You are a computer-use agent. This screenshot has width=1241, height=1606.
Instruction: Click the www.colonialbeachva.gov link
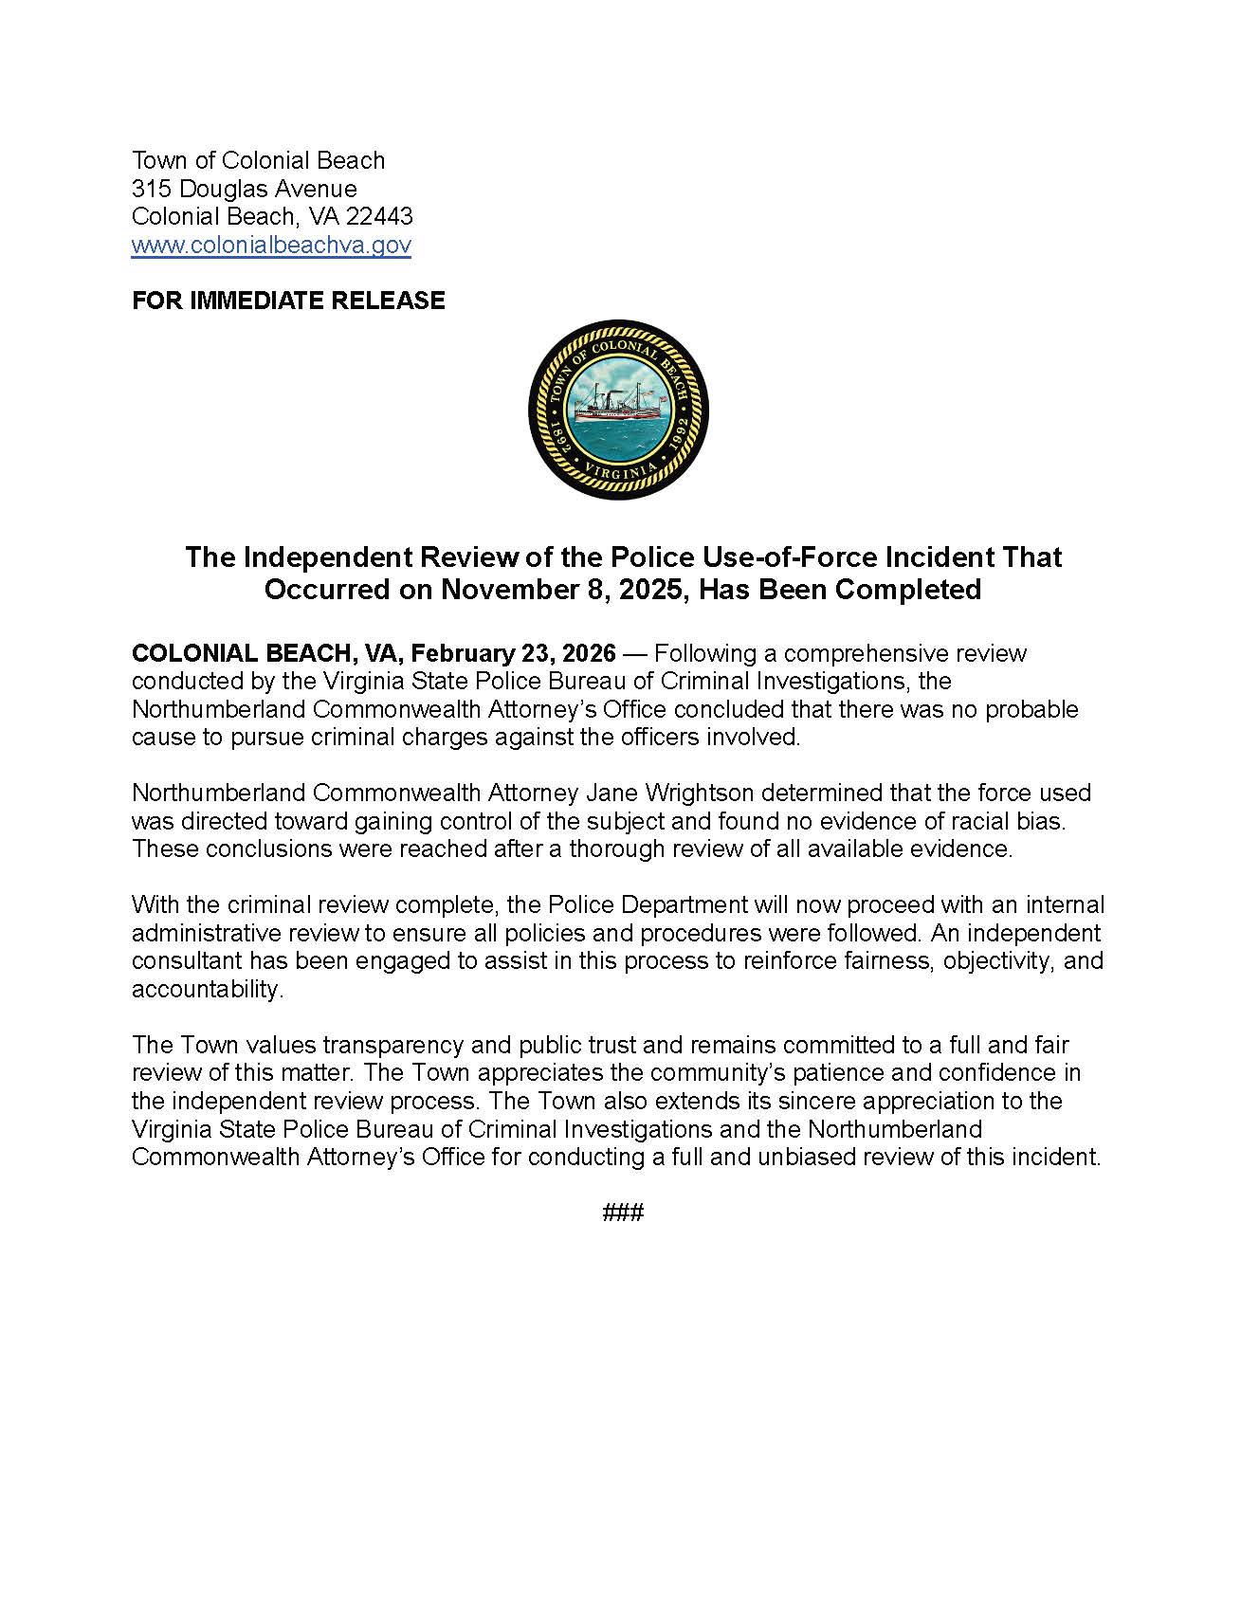(x=271, y=246)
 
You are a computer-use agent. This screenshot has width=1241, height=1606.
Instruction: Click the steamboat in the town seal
(x=619, y=404)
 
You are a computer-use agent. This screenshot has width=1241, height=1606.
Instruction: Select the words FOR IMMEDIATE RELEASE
(x=288, y=301)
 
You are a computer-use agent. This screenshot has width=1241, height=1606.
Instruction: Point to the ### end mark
(x=623, y=1213)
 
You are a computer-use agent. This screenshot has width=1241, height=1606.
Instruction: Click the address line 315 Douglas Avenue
(x=245, y=189)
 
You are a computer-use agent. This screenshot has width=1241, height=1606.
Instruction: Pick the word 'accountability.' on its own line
(x=208, y=990)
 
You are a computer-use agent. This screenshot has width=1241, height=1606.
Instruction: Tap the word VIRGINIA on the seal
(x=618, y=470)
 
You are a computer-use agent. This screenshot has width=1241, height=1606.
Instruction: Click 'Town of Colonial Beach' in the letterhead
(x=258, y=160)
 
